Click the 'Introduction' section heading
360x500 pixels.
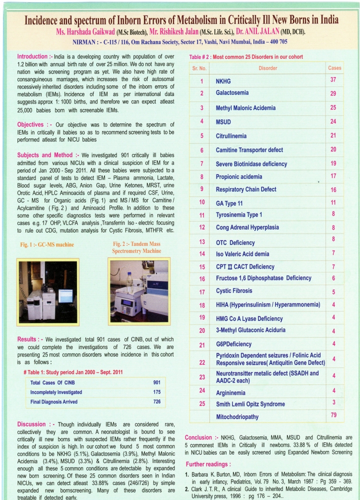[x=34, y=56]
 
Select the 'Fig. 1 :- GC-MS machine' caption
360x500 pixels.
[x=47, y=245]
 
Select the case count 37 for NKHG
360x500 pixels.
[x=333, y=80]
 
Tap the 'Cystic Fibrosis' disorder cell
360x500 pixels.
[x=234, y=290]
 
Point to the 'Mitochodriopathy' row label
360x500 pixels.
[x=237, y=416]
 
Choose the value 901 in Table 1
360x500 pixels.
[x=156, y=382]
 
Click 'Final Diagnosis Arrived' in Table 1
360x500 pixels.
[x=53, y=401]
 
